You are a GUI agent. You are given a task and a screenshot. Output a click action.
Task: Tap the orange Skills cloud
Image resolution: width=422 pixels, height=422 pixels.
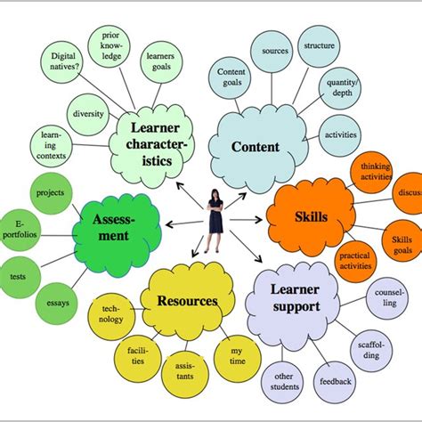(x=311, y=216)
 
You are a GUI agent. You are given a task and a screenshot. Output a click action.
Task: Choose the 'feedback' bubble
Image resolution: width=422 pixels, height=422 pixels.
(x=337, y=381)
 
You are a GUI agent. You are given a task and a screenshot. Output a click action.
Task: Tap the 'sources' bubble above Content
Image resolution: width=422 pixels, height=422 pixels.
(x=272, y=53)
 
